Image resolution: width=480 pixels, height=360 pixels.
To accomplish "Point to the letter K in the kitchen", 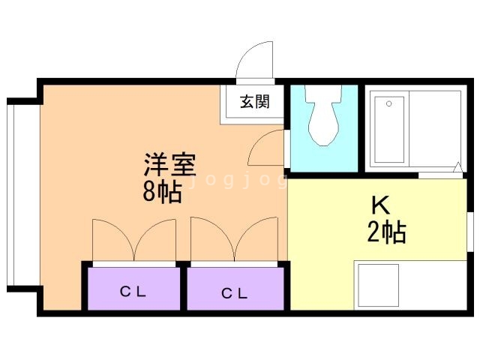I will point(380,205).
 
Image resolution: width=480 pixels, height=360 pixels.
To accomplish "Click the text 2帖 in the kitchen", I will point(386,233).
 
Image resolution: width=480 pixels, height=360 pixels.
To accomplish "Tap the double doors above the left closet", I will point(133,240).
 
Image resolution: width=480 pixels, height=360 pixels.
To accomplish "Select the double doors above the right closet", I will point(234,240).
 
